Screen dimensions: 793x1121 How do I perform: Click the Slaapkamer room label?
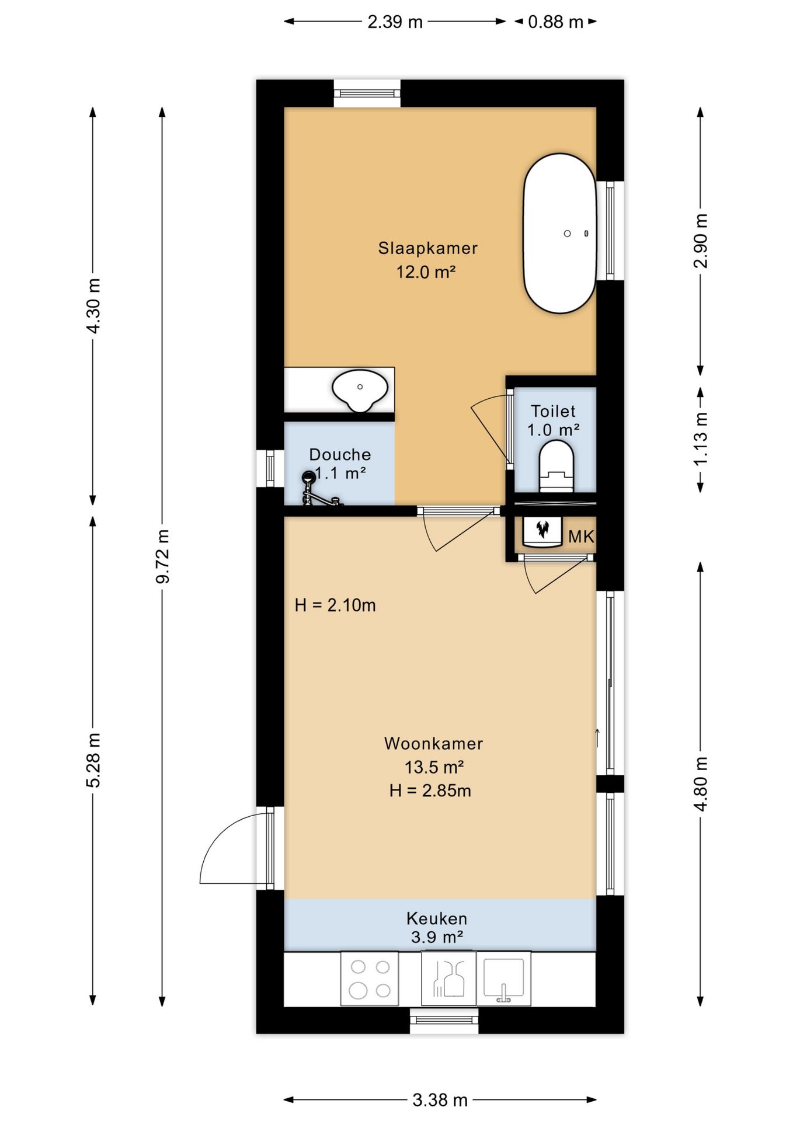pyautogui.click(x=427, y=248)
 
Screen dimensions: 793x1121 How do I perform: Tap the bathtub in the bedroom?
pyautogui.click(x=559, y=233)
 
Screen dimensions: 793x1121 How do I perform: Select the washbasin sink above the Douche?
pyautogui.click(x=360, y=390)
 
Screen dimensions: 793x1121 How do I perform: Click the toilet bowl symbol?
pyautogui.click(x=557, y=466)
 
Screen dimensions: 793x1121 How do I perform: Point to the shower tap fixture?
pyautogui.click(x=319, y=489)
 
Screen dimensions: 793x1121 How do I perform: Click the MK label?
pyautogui.click(x=581, y=537)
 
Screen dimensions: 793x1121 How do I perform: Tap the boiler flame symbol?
pyautogui.click(x=542, y=530)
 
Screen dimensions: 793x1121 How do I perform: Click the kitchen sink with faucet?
pyautogui.click(x=503, y=979)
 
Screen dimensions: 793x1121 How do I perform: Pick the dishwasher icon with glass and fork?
pyautogui.click(x=448, y=979)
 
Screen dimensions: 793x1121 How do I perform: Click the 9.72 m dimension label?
pyautogui.click(x=162, y=556)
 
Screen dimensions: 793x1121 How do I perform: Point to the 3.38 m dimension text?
pyautogui.click(x=440, y=1101)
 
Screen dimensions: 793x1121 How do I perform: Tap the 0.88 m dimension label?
pyautogui.click(x=555, y=22)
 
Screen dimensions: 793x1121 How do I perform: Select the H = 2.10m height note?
pyautogui.click(x=335, y=605)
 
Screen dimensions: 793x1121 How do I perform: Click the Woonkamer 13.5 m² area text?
pyautogui.click(x=434, y=755)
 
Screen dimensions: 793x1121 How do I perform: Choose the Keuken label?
pyautogui.click(x=437, y=918)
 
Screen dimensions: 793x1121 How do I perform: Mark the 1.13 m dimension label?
pyautogui.click(x=701, y=439)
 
